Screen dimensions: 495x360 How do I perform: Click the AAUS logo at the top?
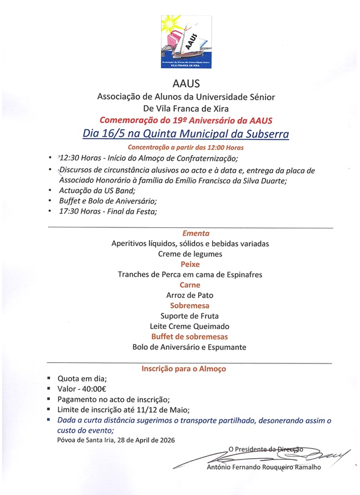(x=186, y=42)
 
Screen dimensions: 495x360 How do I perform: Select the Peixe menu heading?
(x=190, y=264)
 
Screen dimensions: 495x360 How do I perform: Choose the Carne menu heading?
(x=190, y=285)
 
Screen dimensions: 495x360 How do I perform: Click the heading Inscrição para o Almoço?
(x=184, y=369)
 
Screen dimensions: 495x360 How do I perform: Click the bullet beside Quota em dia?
(x=49, y=378)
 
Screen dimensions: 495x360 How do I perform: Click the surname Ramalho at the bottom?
(x=304, y=468)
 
